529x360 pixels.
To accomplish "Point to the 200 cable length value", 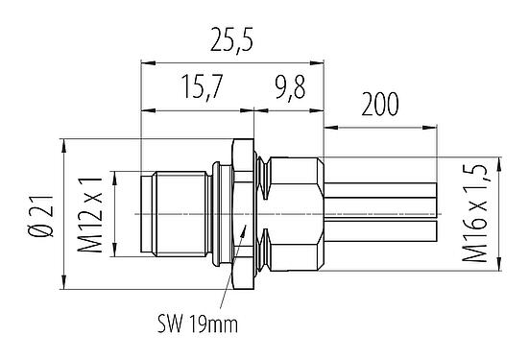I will point(381,103).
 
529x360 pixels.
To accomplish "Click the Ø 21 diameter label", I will point(37,211).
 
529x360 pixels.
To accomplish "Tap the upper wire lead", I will point(384,192).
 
